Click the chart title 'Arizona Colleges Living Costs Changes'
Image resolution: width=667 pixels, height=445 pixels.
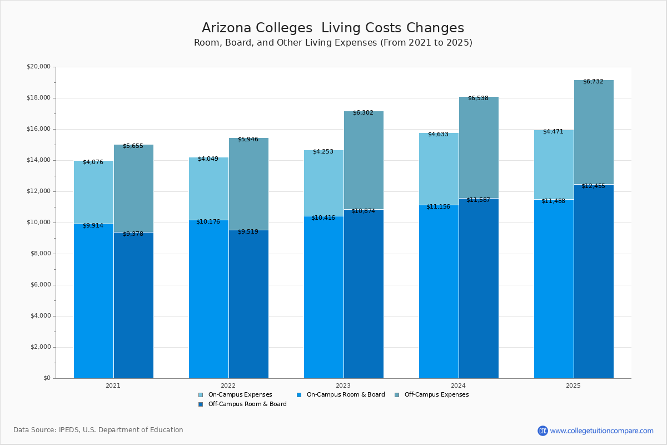coord(332,28)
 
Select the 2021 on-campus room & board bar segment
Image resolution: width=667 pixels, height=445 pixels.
coord(93,300)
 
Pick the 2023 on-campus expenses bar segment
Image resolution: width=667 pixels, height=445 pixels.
coord(323,184)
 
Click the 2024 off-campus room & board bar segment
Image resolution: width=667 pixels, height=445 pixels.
coord(479,289)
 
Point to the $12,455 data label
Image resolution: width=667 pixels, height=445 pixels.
coord(593,186)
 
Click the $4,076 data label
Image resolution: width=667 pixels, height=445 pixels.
coord(93,162)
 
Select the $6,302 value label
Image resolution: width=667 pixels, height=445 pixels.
coord(363,113)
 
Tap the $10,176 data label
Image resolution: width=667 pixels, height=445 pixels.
coord(208,221)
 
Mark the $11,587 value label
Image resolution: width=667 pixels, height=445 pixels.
coord(478,200)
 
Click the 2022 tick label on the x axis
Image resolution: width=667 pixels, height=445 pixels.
coord(228,385)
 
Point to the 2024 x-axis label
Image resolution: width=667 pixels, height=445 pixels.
coord(459,385)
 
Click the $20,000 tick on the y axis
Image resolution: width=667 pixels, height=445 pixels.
coord(38,67)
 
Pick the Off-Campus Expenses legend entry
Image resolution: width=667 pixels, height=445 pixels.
coord(436,395)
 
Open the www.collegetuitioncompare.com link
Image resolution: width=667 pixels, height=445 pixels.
coord(601,431)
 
